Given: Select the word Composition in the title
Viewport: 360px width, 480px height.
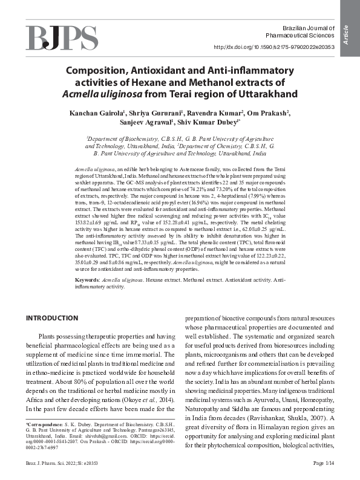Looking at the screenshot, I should [100, 71].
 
